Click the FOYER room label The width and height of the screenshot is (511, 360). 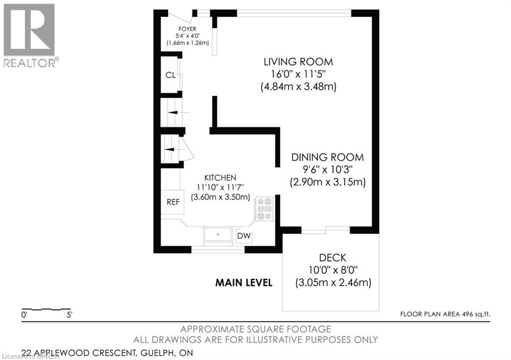[x=188, y=29]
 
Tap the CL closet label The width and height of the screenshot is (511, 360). [x=171, y=75]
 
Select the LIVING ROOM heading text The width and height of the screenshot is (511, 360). [x=298, y=61]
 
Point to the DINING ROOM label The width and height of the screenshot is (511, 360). [x=327, y=157]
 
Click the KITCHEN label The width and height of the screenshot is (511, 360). [x=220, y=178]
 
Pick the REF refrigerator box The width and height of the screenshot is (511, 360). [x=172, y=202]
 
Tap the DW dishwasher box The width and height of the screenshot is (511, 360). [x=244, y=236]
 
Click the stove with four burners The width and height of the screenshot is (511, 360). [x=264, y=209]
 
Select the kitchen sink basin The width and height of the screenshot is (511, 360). [x=218, y=234]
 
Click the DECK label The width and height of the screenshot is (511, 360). [x=332, y=258]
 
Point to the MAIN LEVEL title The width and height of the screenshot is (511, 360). [x=244, y=283]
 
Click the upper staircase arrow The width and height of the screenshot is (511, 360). [x=179, y=112]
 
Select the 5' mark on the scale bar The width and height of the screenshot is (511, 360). [x=69, y=315]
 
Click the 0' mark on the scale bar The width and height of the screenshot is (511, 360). [x=24, y=315]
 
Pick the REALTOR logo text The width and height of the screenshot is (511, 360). [x=29, y=63]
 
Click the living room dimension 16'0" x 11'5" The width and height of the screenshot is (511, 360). [x=298, y=74]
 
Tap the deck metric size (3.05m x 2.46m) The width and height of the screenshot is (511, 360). [x=333, y=282]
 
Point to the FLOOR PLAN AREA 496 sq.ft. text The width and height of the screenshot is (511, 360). [x=445, y=314]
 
